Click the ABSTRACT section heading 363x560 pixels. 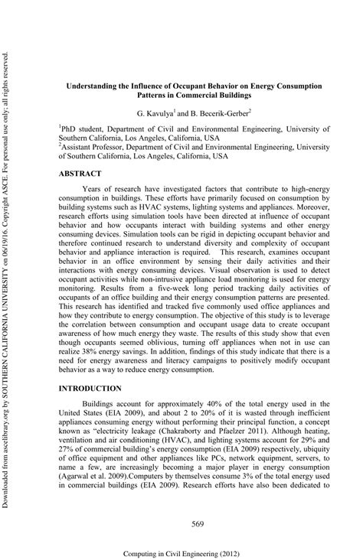(x=80, y=174)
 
